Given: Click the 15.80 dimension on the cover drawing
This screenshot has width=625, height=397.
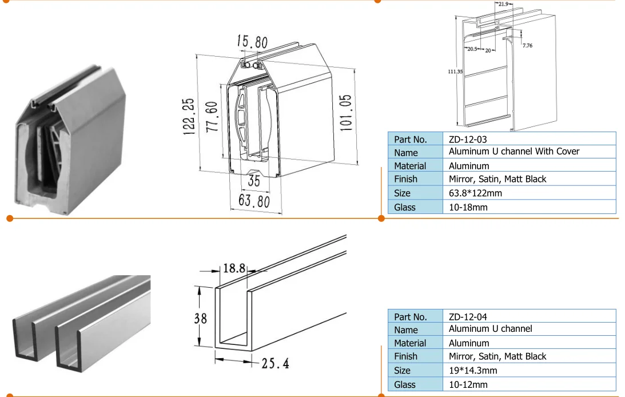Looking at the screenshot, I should (252, 42).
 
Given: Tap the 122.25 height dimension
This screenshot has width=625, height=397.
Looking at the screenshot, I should (189, 116).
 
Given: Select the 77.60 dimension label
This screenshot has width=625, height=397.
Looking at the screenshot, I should (212, 117).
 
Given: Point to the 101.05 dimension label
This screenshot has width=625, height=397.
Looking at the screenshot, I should (346, 113).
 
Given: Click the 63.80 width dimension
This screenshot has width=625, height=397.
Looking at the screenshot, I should (254, 201).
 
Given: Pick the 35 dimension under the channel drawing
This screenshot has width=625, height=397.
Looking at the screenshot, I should (254, 182).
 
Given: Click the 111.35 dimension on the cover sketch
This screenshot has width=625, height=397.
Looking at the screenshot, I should (455, 72).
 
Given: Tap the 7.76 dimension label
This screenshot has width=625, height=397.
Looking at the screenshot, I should (527, 45).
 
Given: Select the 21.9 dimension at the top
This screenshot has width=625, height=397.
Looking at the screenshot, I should (503, 4).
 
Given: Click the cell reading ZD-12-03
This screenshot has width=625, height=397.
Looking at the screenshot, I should (468, 139).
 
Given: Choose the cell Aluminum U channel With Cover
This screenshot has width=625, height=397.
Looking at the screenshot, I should (513, 152).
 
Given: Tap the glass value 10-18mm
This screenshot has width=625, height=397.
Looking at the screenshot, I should (468, 207).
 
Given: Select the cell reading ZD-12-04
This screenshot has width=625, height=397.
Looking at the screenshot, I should (468, 316).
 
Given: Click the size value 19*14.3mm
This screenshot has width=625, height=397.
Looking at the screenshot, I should (473, 370).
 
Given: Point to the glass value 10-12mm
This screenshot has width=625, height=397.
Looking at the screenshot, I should (468, 384).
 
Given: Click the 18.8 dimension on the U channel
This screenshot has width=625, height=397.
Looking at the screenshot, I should (234, 268).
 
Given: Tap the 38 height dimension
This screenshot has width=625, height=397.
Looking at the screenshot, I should (201, 317).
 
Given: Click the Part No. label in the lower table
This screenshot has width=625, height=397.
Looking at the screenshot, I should (411, 316).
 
